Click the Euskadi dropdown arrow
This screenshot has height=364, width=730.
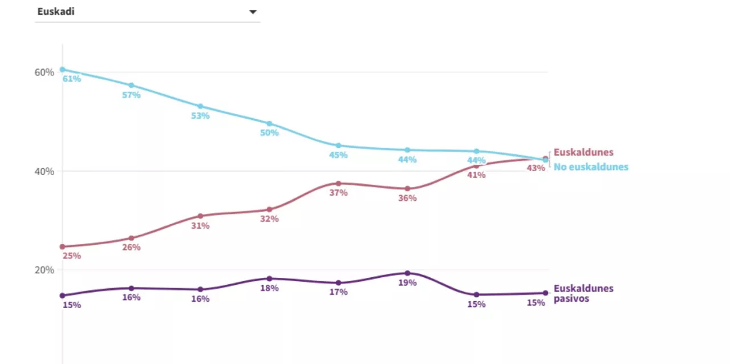click(253, 12)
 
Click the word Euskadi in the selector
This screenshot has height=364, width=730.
click(56, 11)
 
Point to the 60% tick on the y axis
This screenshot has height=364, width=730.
click(44, 72)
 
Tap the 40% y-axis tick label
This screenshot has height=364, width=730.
click(44, 171)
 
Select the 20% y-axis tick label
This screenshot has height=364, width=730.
click(44, 270)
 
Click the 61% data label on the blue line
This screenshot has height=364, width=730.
click(72, 79)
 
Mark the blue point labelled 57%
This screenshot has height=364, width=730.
click(131, 85)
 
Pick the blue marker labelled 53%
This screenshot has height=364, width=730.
click(200, 106)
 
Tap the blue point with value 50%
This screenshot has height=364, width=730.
click(269, 123)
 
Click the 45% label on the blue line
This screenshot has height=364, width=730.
click(338, 155)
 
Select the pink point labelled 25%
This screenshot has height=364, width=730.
click(62, 246)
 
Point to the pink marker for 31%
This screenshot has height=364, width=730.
click(200, 216)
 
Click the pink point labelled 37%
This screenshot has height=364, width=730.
click(338, 183)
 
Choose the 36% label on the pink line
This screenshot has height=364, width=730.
click(408, 198)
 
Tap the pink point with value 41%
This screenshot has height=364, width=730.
click(476, 165)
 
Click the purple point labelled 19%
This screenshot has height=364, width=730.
click(407, 273)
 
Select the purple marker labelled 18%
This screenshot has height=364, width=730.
click(269, 278)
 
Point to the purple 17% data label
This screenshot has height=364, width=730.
click(338, 292)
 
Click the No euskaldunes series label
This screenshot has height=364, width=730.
click(591, 167)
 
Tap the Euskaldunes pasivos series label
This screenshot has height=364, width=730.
click(583, 293)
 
